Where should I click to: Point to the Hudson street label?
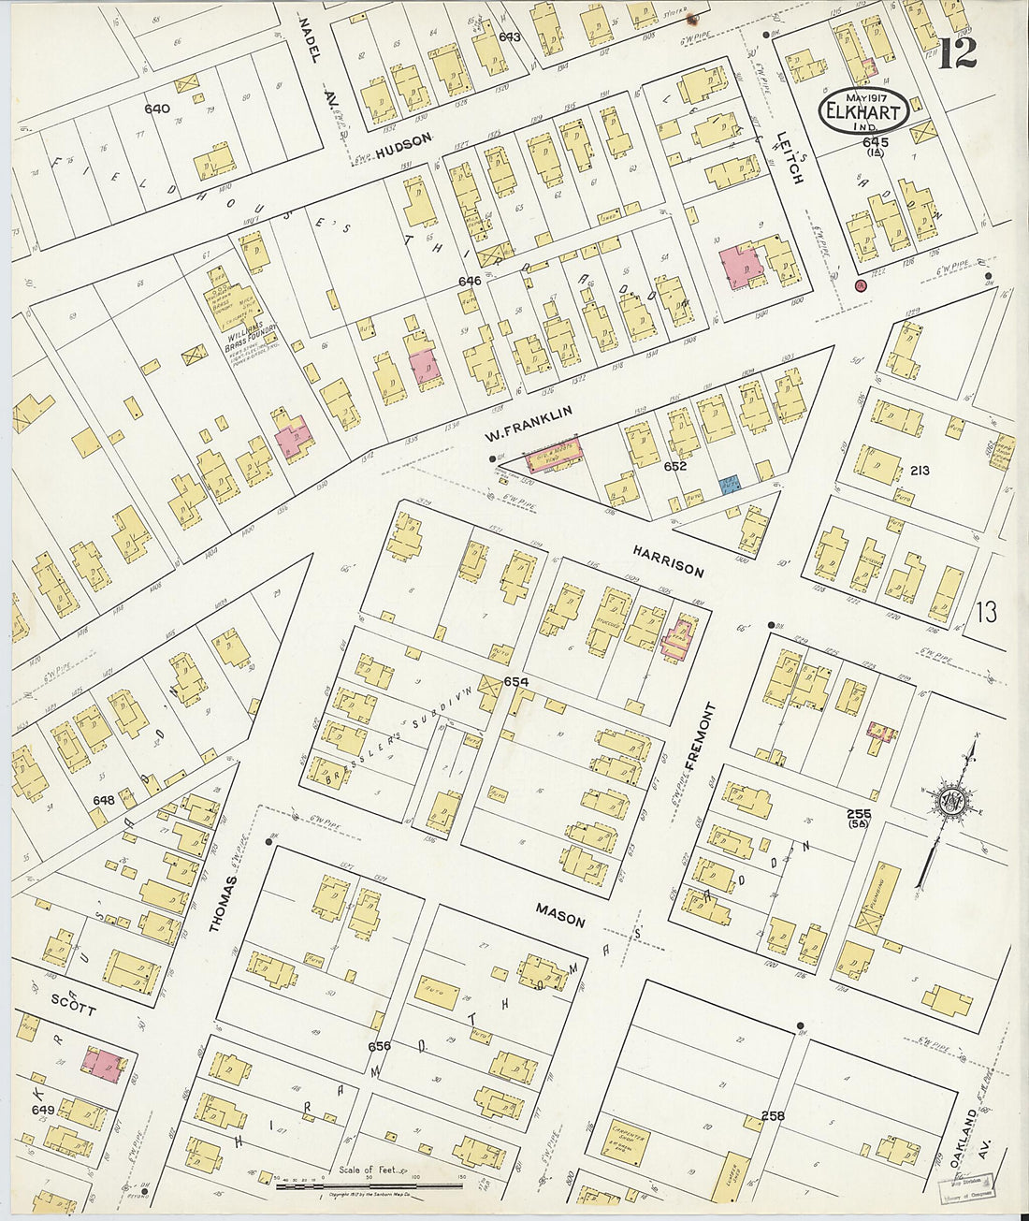[405, 139]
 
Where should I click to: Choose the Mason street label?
[560, 914]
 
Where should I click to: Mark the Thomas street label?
[217, 904]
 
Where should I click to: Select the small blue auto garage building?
[730, 485]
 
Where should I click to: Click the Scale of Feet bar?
[370, 1185]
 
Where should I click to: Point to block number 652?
[675, 466]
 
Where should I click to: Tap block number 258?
[772, 1115]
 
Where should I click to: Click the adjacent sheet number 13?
[985, 613]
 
